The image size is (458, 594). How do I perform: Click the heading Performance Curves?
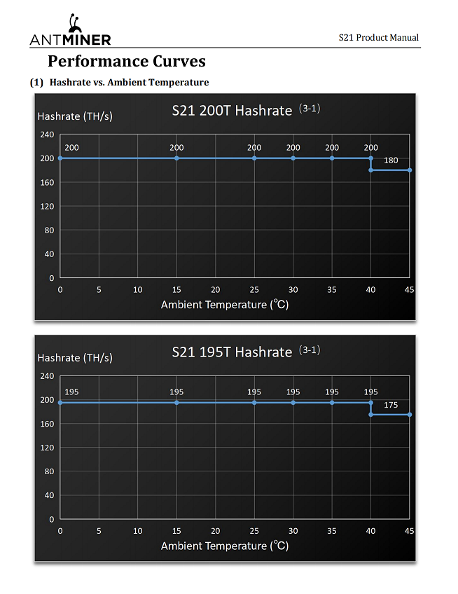coord(126,61)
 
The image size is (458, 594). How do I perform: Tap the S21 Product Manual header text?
coord(378,37)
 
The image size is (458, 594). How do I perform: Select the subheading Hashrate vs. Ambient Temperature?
coord(130,83)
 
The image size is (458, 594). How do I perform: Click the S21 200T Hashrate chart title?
coord(232,110)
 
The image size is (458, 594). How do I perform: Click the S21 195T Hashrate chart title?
coord(232,352)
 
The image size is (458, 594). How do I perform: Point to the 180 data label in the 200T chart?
coord(391,160)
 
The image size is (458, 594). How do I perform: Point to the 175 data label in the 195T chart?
coord(391,405)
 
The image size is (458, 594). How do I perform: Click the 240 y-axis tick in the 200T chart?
coord(47,134)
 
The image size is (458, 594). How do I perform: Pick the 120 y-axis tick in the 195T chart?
coord(47,448)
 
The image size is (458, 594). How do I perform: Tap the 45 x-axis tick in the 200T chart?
coord(410,289)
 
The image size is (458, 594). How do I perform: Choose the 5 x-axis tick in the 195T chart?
coord(99,531)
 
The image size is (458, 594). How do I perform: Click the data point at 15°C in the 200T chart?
coord(176,158)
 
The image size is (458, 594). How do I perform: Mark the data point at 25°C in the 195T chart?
coord(254,403)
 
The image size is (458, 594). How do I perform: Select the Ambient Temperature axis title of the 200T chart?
coord(225,305)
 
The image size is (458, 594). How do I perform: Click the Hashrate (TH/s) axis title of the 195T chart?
coord(74,357)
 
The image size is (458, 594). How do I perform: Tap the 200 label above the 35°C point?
coord(332,148)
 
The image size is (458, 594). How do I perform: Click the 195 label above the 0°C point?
coord(71,392)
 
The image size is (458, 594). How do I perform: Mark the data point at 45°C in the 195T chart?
coord(410,415)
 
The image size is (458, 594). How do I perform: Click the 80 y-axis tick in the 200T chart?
coord(49,230)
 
